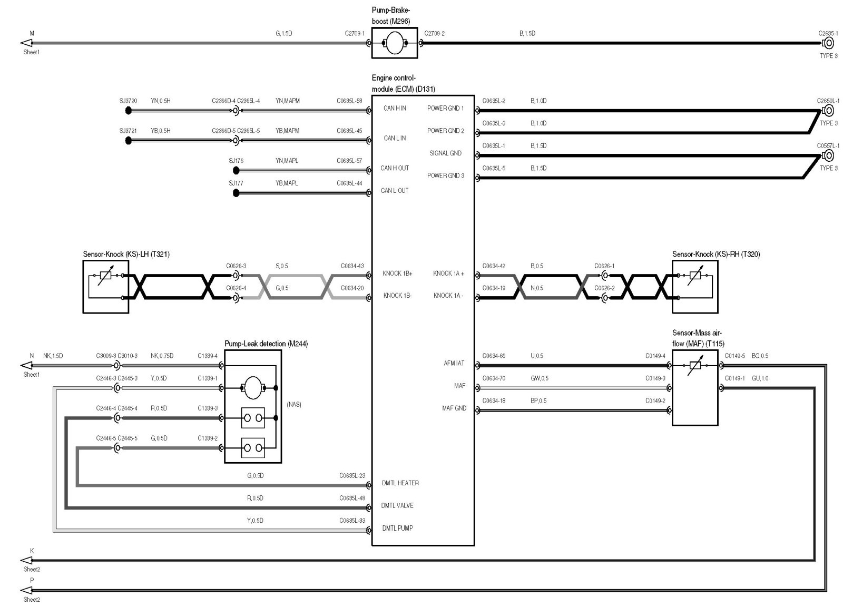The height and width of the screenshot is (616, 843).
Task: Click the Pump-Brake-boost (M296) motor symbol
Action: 395,43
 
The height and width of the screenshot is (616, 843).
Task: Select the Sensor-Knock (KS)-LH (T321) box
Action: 106,287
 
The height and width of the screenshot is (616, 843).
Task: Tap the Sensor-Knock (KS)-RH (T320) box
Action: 695,287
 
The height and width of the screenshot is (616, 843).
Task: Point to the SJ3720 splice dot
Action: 128,111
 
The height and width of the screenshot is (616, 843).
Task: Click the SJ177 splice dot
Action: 236,193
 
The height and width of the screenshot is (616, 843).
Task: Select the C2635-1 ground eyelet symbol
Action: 828,43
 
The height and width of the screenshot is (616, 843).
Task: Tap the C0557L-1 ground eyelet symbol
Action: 828,155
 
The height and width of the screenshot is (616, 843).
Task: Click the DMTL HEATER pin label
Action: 400,483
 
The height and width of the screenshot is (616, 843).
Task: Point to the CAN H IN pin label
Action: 395,109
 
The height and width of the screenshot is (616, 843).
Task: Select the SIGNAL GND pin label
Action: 445,153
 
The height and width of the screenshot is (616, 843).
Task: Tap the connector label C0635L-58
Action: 349,101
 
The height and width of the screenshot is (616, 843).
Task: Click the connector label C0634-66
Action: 494,356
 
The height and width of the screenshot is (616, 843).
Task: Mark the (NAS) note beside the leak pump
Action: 294,405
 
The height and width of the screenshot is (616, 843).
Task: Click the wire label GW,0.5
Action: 539,378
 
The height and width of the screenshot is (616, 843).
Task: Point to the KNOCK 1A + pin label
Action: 448,273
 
